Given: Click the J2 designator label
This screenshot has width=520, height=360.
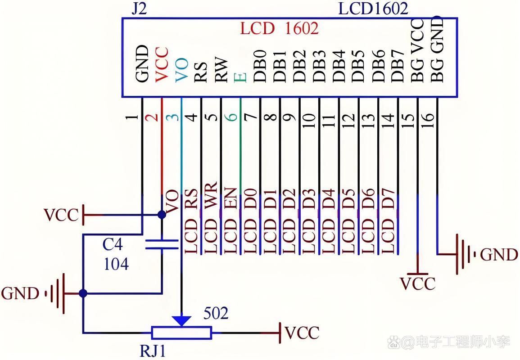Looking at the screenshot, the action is (139, 9).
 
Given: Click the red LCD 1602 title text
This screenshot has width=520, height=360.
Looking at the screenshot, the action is (279, 28).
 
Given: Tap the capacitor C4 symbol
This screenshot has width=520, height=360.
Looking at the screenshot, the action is (162, 244).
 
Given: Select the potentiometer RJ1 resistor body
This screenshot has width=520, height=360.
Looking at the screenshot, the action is (181, 333).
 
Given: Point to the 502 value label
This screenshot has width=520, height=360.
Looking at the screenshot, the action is (216, 313).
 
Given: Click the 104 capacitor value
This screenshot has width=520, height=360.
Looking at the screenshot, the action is (116, 264).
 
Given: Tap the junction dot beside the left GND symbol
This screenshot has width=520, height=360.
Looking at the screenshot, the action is (83, 293).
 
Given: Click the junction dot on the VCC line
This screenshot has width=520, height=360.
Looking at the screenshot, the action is (162, 215).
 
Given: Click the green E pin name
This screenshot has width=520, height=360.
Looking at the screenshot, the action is (240, 77).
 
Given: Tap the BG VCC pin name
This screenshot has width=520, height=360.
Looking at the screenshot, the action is (417, 50).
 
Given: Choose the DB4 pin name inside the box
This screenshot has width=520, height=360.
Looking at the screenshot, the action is (339, 66).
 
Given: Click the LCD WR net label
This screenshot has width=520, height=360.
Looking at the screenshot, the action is (210, 218).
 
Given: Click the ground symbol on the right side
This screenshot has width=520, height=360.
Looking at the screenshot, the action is (466, 254).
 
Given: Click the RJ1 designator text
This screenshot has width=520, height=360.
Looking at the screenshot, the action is (153, 351).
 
